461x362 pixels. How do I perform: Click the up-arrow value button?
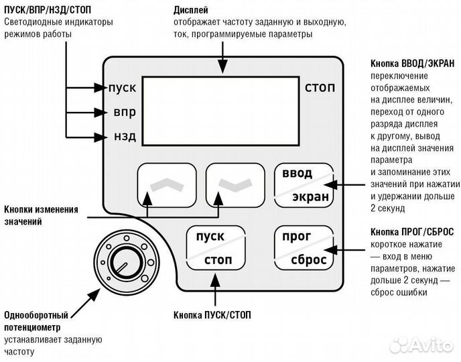coord(166,184)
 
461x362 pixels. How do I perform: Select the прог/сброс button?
coord(304,249)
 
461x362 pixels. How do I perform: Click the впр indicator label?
coord(125,112)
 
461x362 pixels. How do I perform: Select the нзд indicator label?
coord(125,137)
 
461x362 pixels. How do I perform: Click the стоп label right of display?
coord(320,88)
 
